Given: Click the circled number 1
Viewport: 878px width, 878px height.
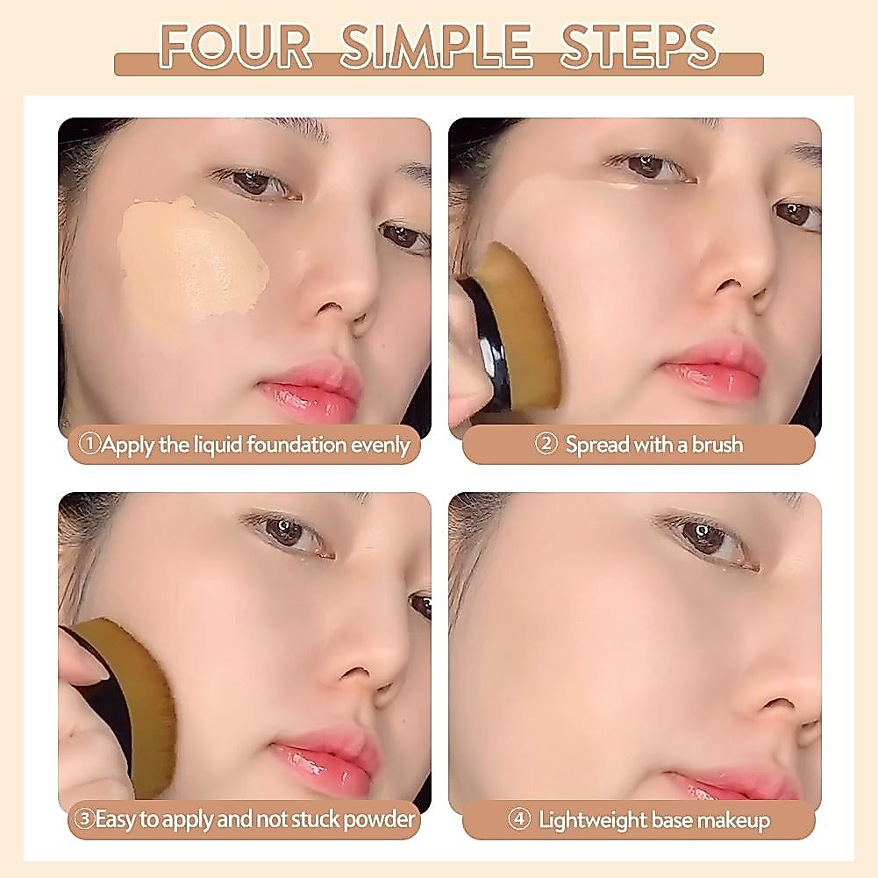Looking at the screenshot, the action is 89,444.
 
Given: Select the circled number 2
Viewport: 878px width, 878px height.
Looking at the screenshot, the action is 546,444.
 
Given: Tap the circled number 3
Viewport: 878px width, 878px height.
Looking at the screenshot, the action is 84,819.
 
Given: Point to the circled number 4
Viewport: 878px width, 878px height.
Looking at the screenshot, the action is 519,820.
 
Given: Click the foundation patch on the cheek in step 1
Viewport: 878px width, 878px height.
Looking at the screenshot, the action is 190,258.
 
